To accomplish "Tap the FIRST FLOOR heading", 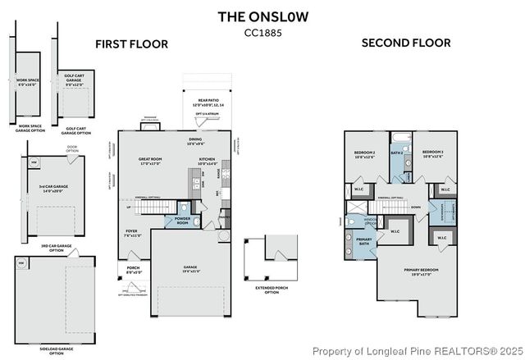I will (x=131, y=43).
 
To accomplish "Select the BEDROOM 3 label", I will (x=432, y=153).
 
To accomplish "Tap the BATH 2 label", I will (x=397, y=153).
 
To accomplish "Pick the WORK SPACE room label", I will (x=28, y=82).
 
